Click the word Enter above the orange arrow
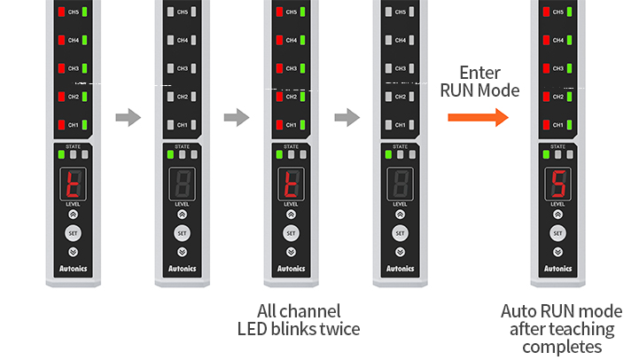pyautogui.click(x=479, y=73)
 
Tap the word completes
pyautogui.click(x=561, y=347)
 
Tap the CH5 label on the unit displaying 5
pyautogui.click(x=557, y=12)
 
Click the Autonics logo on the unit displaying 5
pyautogui.click(x=557, y=268)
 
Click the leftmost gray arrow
pyautogui.click(x=129, y=117)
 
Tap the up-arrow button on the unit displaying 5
pyautogui.click(x=557, y=214)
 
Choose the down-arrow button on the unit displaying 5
pyautogui.click(x=557, y=252)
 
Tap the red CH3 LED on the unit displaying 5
pyautogui.click(x=546, y=68)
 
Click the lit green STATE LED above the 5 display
pyautogui.click(x=546, y=154)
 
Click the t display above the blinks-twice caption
pyautogui.click(x=290, y=184)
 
